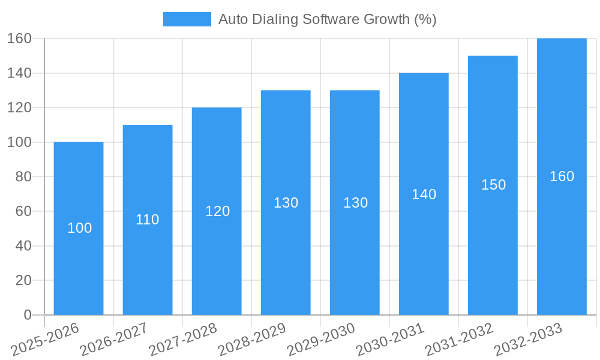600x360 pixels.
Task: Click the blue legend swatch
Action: click(187, 19)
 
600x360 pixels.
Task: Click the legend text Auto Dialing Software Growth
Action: click(327, 19)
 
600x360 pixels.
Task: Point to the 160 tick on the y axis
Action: click(19, 38)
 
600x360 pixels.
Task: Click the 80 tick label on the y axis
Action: click(23, 177)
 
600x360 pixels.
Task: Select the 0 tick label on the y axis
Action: click(28, 315)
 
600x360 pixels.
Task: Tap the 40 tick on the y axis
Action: click(23, 246)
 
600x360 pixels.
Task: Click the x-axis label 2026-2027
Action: click(113, 339)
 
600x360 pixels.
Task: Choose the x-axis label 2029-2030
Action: click(320, 339)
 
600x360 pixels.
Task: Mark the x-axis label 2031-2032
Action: click(459, 339)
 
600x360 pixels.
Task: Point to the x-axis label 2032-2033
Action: click(528, 339)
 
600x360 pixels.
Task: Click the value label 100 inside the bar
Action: click(79, 228)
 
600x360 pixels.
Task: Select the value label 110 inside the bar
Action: click(148, 220)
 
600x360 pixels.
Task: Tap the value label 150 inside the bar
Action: click(493, 185)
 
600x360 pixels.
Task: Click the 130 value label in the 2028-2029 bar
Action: click(286, 203)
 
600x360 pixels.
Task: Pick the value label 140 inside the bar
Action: click(424, 194)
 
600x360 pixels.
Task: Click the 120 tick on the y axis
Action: click(19, 108)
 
